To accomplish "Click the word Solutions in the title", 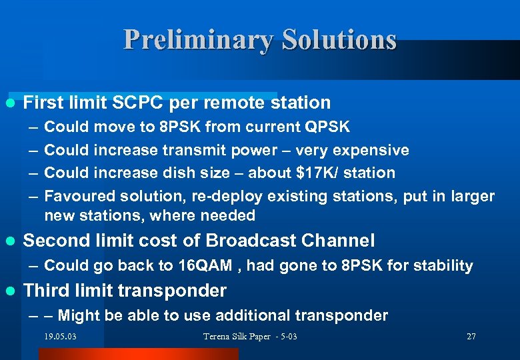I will click(339, 40).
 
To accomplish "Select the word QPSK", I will click(327, 127).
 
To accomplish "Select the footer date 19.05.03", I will click(60, 337).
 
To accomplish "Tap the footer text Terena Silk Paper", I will click(237, 337).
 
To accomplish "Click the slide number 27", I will click(471, 337).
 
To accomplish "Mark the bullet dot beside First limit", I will click(10, 103).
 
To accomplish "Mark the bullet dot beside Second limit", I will click(10, 241).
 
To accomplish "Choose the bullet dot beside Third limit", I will click(10, 291).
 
